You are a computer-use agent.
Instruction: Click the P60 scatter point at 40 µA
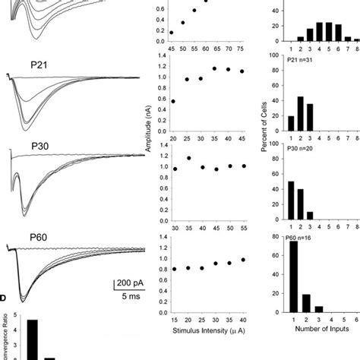coord(242,260)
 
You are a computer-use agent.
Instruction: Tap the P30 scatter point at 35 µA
coord(190,159)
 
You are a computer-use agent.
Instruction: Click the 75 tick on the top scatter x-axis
coord(242,51)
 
